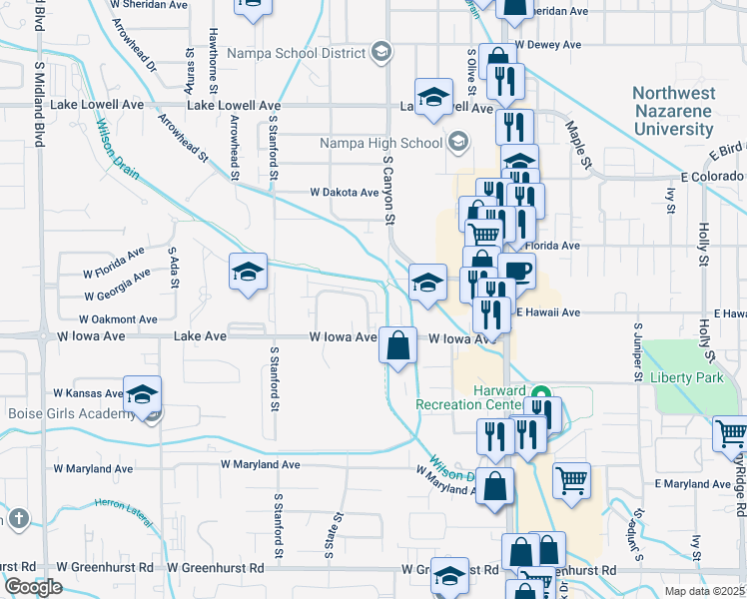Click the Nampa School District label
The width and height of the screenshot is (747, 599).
pos(297,52)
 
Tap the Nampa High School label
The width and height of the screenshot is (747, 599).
pos(380,143)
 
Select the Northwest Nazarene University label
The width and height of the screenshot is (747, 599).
pos(672,110)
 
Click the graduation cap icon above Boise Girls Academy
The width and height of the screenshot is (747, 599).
pos(143,393)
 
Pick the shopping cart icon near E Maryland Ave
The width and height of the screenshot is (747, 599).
pos(571,480)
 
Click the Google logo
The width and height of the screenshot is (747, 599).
pos(33,587)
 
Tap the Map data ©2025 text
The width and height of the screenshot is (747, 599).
pos(704,591)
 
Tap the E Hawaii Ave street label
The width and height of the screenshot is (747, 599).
pos(546,312)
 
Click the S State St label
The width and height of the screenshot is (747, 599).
pos(328,533)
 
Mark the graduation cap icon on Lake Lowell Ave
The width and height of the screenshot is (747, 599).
pos(433,96)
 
